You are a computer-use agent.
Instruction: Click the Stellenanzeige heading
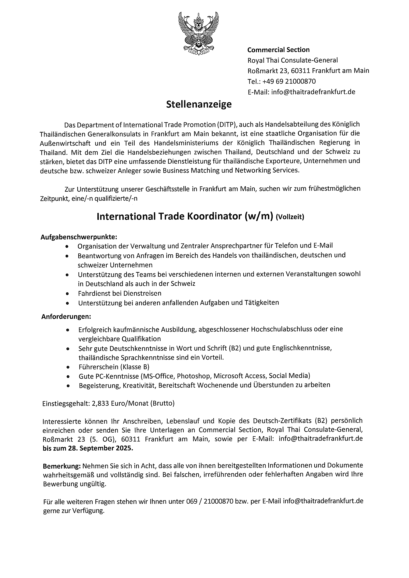(x=199, y=104)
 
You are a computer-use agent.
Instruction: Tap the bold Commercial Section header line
(x=278, y=50)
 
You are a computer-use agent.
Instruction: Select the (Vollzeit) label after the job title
(x=290, y=217)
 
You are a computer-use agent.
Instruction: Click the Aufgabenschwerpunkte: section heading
(x=79, y=237)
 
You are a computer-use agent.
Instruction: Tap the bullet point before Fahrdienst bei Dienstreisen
(x=67, y=294)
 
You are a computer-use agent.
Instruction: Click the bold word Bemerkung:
(x=62, y=466)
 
